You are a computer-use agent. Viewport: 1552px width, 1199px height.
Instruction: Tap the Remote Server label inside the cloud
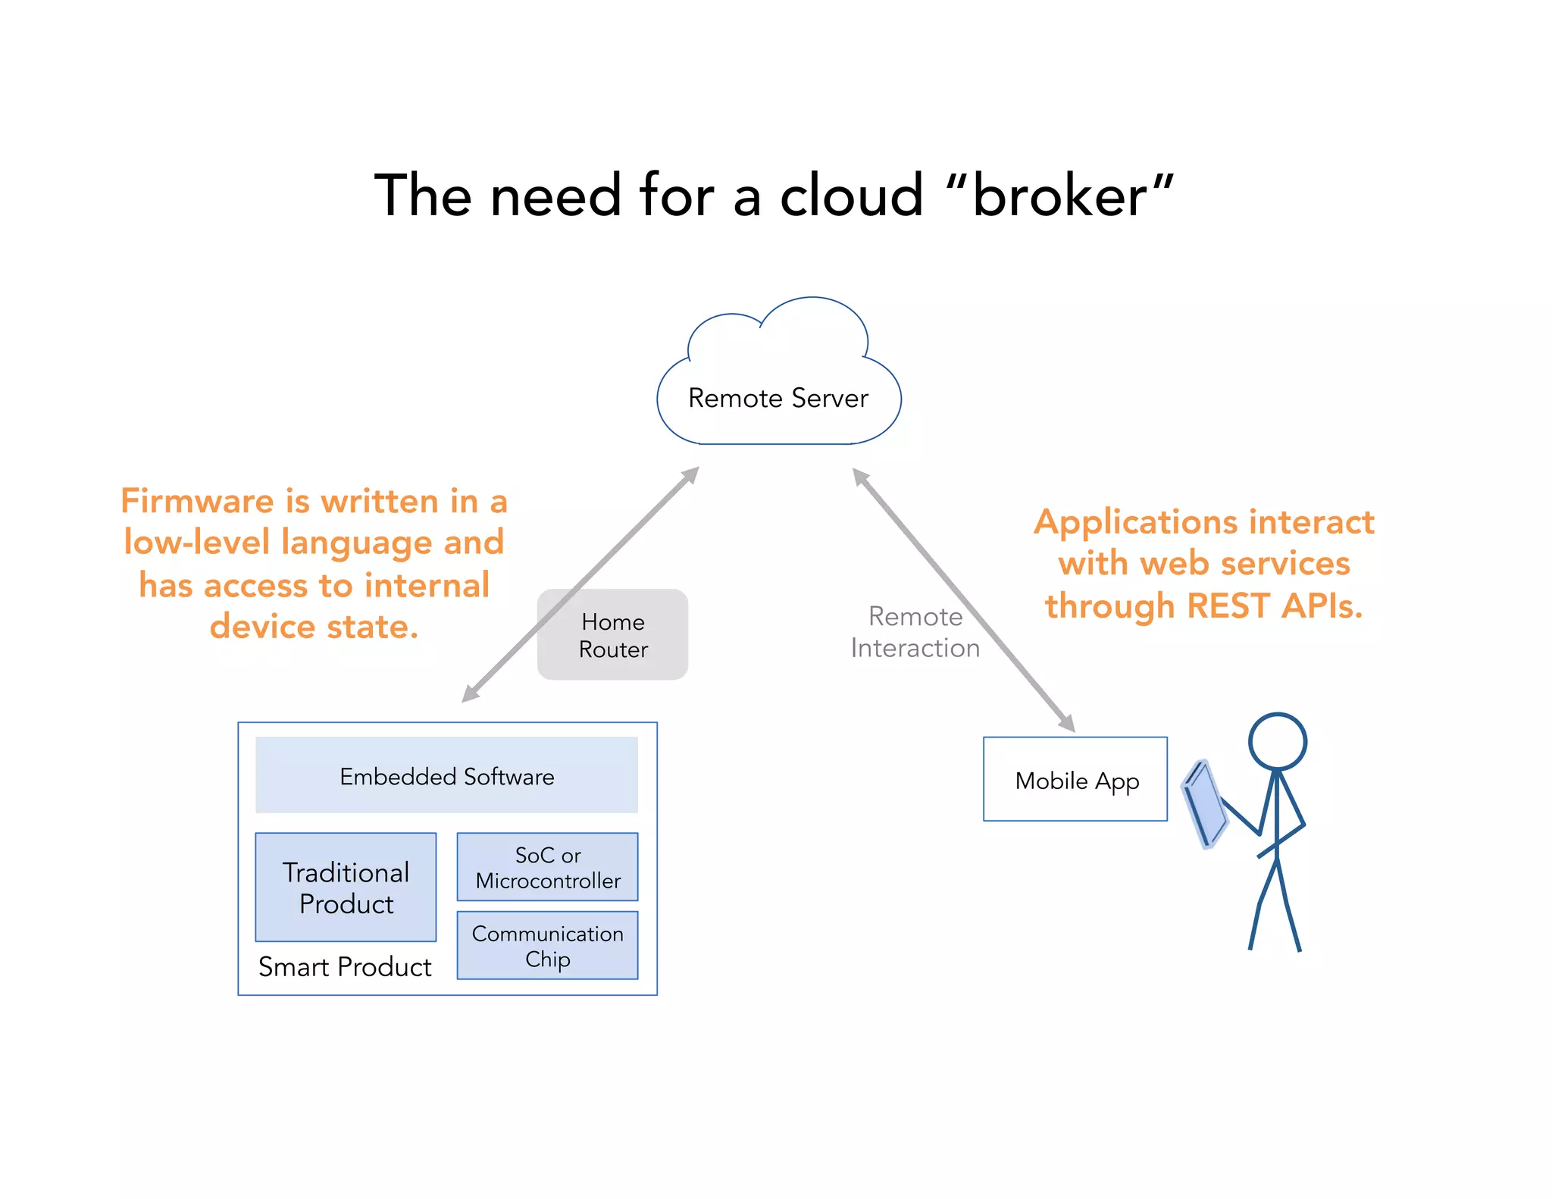[778, 399]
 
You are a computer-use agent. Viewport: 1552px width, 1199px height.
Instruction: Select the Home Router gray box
[612, 635]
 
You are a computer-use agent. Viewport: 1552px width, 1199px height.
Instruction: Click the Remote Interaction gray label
[915, 632]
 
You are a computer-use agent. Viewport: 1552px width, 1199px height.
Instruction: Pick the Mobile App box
[1075, 779]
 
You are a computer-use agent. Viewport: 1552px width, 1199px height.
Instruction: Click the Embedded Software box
[446, 775]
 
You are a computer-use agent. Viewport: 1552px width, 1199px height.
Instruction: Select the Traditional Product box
[346, 888]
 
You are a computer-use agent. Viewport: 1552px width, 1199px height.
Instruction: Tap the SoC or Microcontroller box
[547, 867]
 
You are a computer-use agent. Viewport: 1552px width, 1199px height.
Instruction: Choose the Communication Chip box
[547, 946]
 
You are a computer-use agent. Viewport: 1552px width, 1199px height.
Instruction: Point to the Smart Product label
[345, 967]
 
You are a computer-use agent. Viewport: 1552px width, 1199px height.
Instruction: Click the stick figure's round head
[1278, 742]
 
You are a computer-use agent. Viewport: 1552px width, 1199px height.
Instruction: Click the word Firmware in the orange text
[197, 502]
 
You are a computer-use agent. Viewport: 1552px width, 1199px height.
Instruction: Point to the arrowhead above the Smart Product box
[470, 694]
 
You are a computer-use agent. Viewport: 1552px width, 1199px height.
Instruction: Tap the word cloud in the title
[851, 196]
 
